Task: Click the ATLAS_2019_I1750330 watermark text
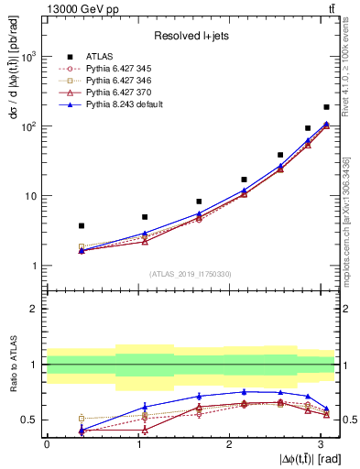coord(191,274)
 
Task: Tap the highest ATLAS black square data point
coord(326,107)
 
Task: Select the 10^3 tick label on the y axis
coord(27,57)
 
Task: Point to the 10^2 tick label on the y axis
coord(27,126)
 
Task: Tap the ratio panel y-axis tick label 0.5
coord(30,420)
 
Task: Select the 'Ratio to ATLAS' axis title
coord(12,365)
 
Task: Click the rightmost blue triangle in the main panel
coord(326,124)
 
